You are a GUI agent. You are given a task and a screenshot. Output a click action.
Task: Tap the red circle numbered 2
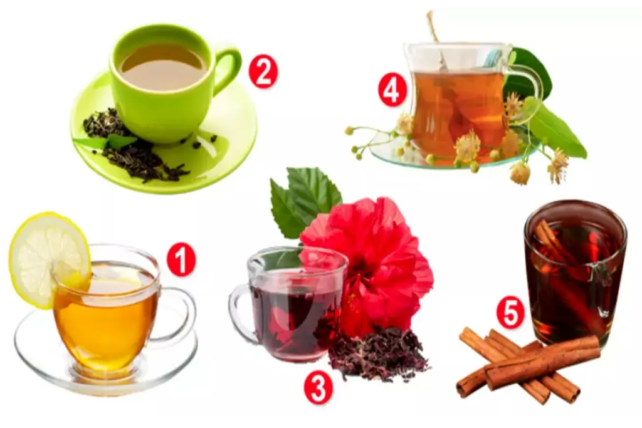coord(263,72)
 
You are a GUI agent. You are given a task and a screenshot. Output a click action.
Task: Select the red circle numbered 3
coord(318,387)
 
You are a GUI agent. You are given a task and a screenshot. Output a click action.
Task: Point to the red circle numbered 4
coord(392,91)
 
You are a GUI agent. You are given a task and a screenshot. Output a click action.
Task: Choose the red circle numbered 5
coord(510,313)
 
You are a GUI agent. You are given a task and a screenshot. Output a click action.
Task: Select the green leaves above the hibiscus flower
coord(305,201)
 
